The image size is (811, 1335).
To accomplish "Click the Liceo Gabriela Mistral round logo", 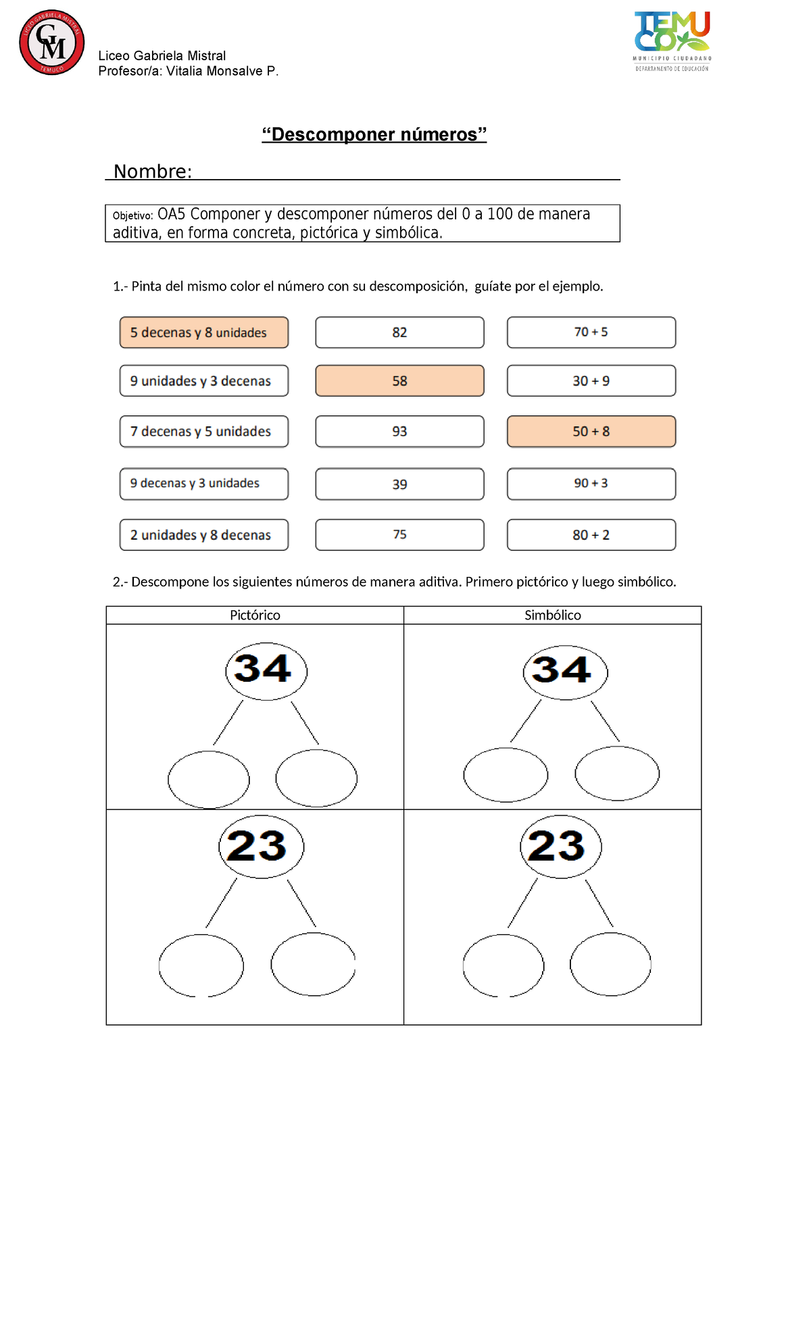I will [x=52, y=43].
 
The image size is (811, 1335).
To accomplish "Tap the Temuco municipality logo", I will [x=672, y=41].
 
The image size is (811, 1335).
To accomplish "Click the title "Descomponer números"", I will [x=374, y=134].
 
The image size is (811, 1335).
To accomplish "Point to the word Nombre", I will [x=153, y=172].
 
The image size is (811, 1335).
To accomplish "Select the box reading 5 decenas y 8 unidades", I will [x=204, y=332].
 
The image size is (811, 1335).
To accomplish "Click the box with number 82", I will [x=399, y=332].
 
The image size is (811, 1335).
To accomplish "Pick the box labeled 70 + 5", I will [x=591, y=332].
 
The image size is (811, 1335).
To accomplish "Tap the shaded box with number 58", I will [x=399, y=381].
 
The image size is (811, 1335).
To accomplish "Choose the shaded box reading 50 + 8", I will [x=591, y=432].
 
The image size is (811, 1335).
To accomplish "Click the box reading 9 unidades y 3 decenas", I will [x=204, y=381].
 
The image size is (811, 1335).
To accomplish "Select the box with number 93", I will [x=399, y=432].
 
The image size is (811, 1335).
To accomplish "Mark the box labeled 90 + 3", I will [x=591, y=484].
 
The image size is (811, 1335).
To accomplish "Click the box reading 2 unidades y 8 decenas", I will [x=204, y=535].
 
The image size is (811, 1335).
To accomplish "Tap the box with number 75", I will [x=399, y=535].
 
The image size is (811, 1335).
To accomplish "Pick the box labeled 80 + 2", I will [x=591, y=535].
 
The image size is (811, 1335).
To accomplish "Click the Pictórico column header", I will [x=255, y=615].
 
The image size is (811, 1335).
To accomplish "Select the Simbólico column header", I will [x=553, y=615].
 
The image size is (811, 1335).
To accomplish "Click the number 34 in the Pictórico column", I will [x=264, y=669].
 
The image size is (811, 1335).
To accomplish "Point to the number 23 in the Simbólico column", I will [x=558, y=846].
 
